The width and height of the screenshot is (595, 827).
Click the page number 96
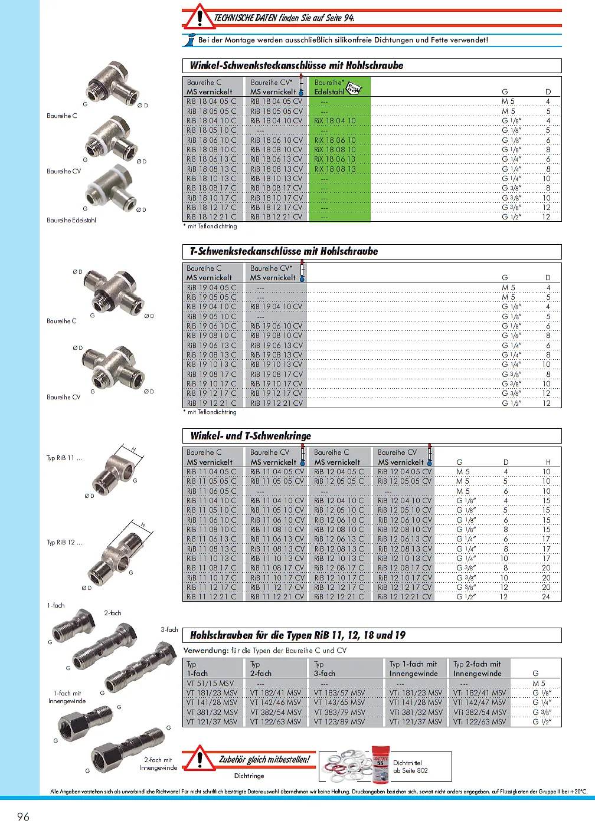pos(23,816)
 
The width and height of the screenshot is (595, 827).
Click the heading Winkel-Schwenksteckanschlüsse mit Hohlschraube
pos(296,65)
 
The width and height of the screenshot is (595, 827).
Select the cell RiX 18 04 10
pos(335,121)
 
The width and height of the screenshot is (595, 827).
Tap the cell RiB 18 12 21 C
pos(211,217)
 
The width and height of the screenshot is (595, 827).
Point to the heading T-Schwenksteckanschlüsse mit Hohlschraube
pos(283,251)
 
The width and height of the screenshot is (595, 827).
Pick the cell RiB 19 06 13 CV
pos(276,346)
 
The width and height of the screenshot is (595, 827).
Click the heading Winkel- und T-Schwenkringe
pos(250,436)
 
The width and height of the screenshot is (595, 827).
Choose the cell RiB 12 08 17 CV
pos(405,568)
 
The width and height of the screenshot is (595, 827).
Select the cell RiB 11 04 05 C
pos(211,472)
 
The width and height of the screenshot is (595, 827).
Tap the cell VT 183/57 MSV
pos(339,693)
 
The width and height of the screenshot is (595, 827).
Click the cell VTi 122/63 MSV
pos(479,722)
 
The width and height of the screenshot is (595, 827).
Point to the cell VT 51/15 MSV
pos(210,684)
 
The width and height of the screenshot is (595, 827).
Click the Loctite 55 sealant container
pos(380,764)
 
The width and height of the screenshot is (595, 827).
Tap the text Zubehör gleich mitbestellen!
pos(264,760)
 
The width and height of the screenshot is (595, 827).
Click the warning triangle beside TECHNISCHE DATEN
pos(199,17)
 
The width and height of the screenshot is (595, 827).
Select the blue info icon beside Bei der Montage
pos(190,40)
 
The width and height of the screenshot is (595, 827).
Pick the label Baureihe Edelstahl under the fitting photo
pos(71,220)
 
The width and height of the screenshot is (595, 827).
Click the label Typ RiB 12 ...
pos(64,542)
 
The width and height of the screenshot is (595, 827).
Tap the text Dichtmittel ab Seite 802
pos(410,767)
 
